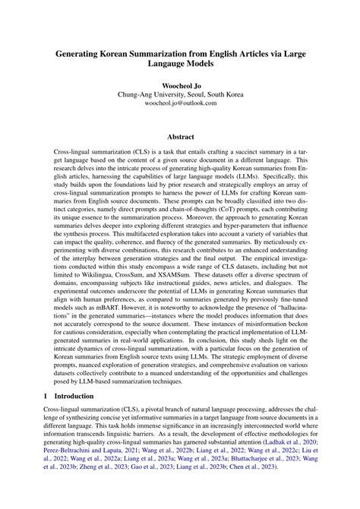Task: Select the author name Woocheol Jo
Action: (x=179, y=86)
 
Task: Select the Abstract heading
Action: (x=179, y=138)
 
